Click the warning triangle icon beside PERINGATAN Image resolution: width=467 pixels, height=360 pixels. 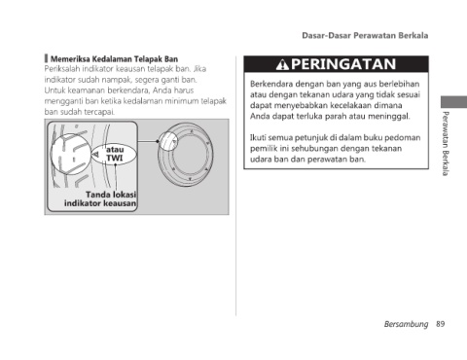(x=282, y=64)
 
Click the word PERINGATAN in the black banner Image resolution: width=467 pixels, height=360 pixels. (x=343, y=64)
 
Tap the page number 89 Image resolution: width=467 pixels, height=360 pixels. (x=441, y=324)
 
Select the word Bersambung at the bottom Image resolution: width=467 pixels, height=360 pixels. (x=406, y=324)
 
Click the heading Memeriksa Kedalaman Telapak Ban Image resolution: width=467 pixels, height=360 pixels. (x=114, y=59)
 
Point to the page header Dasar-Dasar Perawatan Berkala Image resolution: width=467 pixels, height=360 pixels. (x=365, y=35)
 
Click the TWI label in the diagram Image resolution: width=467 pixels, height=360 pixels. (x=115, y=159)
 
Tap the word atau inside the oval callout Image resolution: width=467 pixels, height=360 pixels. (x=115, y=150)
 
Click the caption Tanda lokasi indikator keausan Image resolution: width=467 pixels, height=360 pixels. (x=100, y=198)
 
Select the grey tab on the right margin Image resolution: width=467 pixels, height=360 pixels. (x=453, y=102)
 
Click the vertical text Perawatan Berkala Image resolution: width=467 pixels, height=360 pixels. (x=446, y=143)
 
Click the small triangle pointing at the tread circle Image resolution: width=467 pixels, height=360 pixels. (x=95, y=155)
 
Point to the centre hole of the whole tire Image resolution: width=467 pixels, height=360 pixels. (x=190, y=155)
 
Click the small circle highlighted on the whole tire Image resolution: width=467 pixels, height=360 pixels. (x=168, y=140)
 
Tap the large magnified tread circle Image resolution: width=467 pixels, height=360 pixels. (x=71, y=154)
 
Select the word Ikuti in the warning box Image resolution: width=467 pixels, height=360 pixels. (x=258, y=137)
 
